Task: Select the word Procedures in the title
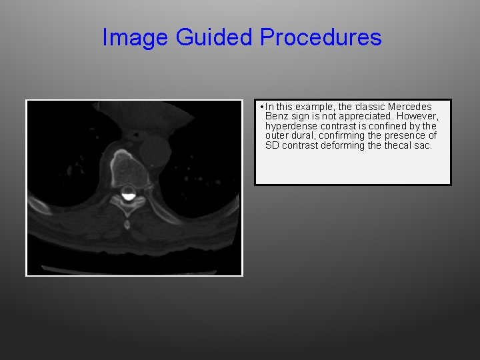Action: pyautogui.click(x=321, y=37)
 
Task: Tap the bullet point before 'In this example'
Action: pyautogui.click(x=263, y=107)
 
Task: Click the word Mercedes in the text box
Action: pyautogui.click(x=409, y=107)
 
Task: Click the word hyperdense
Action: pyautogui.click(x=290, y=126)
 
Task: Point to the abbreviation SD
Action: pyautogui.click(x=272, y=145)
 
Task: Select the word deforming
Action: pyautogui.click(x=343, y=145)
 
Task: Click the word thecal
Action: pyautogui.click(x=397, y=145)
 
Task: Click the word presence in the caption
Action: pyautogui.click(x=404, y=136)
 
